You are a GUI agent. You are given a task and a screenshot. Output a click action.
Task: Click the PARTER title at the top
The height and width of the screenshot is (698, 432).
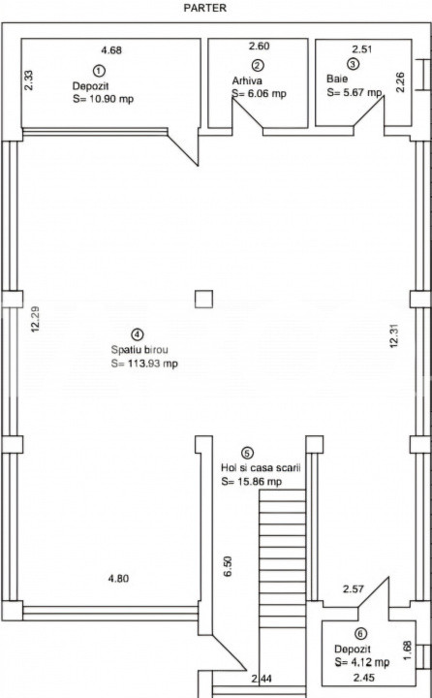tap(205, 8)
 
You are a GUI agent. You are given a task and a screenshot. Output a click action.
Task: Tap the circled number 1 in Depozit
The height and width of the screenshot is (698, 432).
tap(99, 71)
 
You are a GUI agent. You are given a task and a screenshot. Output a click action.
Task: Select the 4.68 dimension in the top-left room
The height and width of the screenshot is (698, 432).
tap(111, 50)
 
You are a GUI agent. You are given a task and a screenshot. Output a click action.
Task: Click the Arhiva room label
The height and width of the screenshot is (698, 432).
tap(247, 80)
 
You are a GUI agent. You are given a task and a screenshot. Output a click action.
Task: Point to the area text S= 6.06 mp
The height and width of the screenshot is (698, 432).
tap(259, 93)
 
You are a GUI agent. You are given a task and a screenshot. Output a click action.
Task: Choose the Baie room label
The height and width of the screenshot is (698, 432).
tap(337, 79)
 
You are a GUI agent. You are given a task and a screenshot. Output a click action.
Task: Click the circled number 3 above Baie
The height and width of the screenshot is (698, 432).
tap(354, 64)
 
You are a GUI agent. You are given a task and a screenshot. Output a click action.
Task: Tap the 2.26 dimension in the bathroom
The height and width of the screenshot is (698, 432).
tap(400, 82)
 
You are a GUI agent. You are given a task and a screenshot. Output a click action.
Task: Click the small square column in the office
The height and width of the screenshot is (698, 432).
tap(203, 299)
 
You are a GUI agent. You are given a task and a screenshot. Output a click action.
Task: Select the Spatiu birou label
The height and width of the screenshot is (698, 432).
tap(139, 350)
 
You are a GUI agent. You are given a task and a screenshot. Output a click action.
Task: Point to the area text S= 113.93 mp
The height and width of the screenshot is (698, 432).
tap(144, 364)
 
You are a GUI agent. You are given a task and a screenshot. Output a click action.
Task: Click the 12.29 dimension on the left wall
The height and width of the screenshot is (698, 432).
tap(35, 319)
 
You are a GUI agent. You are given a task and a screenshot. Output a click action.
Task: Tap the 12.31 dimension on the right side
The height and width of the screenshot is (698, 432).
tap(393, 335)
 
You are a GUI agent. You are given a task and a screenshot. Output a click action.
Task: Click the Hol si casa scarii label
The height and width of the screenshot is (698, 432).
tap(262, 468)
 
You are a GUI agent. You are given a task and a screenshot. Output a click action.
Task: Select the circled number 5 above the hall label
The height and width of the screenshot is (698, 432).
tap(247, 453)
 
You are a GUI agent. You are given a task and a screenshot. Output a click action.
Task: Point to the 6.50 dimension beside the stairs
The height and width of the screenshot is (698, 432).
tap(228, 566)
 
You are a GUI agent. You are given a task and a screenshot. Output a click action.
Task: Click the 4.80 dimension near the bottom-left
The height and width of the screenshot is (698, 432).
tap(118, 578)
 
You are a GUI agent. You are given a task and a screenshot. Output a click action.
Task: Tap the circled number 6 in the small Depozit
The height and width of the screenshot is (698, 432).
tap(360, 633)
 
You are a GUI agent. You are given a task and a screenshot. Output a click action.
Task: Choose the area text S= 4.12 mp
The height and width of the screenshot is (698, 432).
tap(361, 662)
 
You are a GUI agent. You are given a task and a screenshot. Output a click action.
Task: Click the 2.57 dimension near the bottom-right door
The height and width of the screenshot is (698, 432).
tap(354, 589)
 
